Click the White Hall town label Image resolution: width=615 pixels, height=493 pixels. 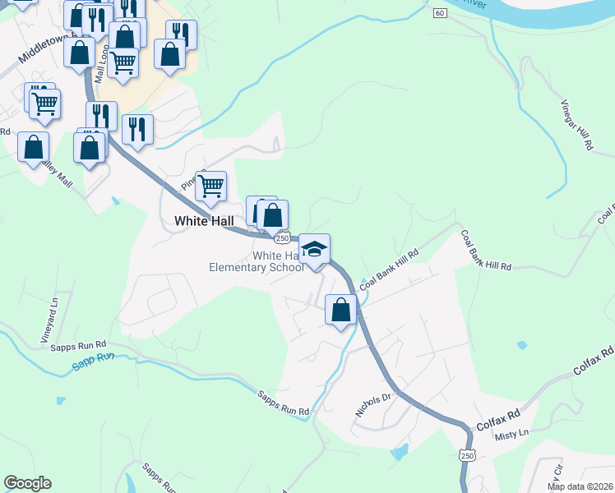click(x=204, y=220)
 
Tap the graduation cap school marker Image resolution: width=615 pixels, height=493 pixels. click(x=314, y=249)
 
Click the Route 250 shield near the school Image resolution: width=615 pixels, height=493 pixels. click(x=282, y=237)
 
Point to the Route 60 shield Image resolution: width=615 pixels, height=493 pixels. click(x=441, y=12)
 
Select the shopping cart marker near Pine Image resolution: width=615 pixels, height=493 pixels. click(x=211, y=187)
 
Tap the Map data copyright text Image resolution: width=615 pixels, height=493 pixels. click(x=579, y=486)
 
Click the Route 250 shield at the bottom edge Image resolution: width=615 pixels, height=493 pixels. click(x=467, y=454)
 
